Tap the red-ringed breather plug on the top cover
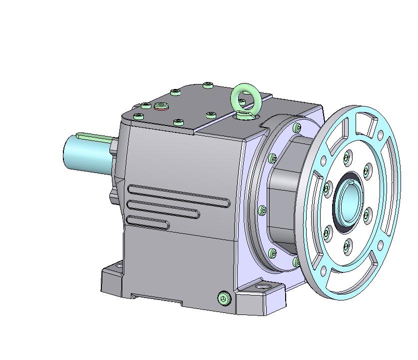click(x=161, y=105)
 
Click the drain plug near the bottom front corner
click(x=224, y=298)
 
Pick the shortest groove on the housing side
click(x=148, y=222)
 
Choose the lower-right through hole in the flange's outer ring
click(x=381, y=245)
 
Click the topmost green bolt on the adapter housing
click(x=298, y=127)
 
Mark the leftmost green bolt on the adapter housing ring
click(x=262, y=210)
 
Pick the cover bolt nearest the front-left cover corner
click(x=139, y=116)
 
